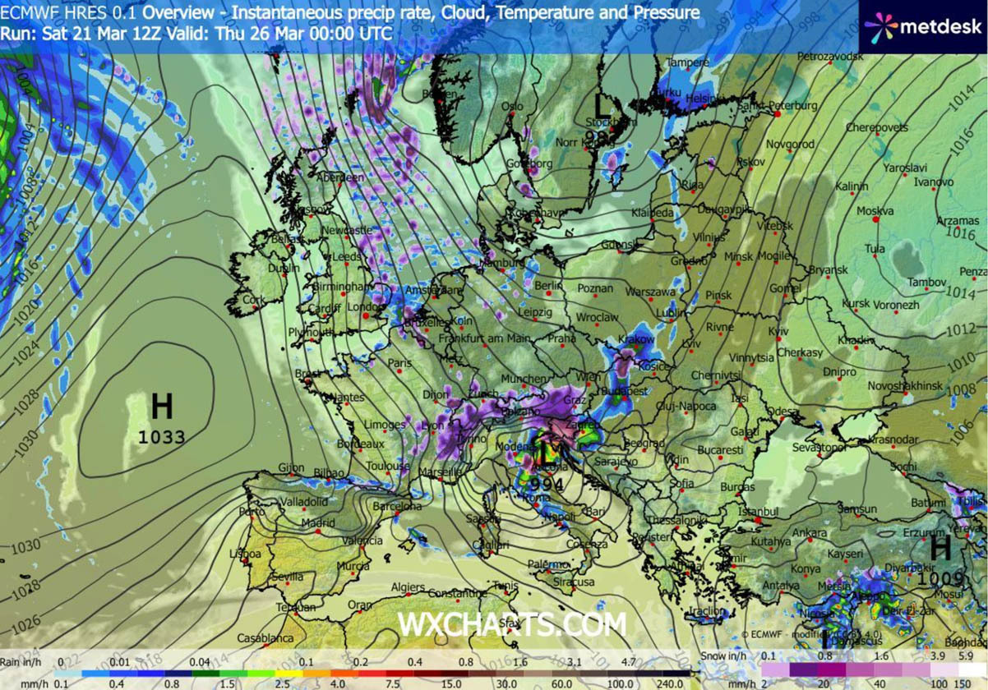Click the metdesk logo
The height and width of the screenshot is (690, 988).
[923, 25]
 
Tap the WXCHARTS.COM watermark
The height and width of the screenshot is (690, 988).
[511, 624]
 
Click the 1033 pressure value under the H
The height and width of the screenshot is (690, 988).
[162, 437]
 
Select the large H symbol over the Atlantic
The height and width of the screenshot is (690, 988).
[162, 406]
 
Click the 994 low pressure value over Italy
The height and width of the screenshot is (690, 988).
[547, 485]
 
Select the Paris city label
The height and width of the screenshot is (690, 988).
[399, 363]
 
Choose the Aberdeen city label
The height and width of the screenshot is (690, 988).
[342, 177]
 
